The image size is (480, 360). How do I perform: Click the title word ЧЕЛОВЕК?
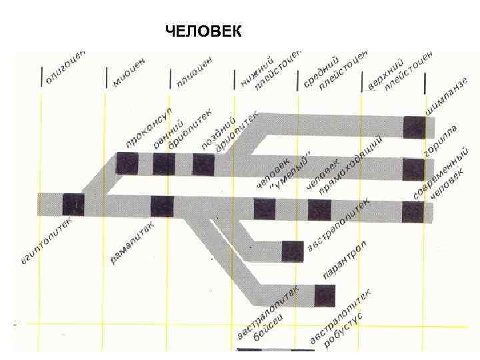point(203,32)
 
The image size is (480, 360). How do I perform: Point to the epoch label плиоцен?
point(195,72)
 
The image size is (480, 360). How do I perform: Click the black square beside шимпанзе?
point(413,127)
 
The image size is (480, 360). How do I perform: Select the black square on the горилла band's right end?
point(413,169)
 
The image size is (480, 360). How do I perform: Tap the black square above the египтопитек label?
point(73,204)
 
